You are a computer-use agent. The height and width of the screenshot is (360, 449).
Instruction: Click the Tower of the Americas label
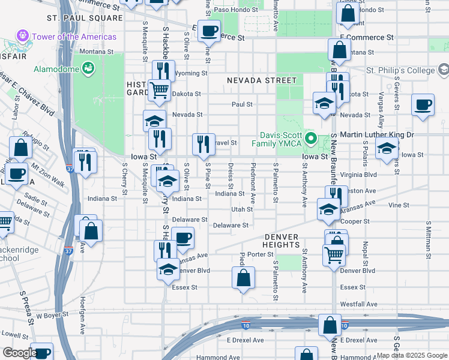[x=74, y=37]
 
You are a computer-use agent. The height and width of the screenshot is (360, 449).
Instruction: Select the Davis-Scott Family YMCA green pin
[x=310, y=139]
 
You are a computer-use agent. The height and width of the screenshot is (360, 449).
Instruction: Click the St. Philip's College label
[x=400, y=70]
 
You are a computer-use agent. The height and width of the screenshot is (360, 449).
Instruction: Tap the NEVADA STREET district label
[x=262, y=80]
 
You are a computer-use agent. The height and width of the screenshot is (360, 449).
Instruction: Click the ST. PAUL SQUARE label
[x=76, y=19]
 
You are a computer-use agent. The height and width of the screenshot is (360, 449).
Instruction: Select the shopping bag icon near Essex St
[x=243, y=278]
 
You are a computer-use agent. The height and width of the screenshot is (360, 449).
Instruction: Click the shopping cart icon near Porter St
[x=334, y=254]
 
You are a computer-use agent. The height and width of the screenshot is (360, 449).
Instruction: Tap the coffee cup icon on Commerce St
[x=209, y=31]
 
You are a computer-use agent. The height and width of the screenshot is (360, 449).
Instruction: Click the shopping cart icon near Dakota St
[x=159, y=91]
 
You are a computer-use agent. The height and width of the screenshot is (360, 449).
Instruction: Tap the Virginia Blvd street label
[x=358, y=175]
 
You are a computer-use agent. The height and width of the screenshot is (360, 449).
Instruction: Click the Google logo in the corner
[x=19, y=353]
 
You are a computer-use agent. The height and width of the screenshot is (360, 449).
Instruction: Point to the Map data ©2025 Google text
[x=411, y=355]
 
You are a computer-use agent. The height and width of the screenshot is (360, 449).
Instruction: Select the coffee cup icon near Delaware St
[x=182, y=238]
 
